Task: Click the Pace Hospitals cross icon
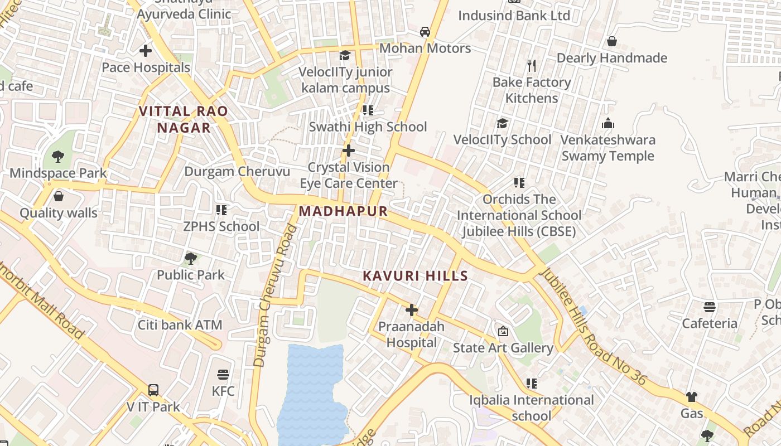[146, 51]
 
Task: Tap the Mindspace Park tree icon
[58, 157]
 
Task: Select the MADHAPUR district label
[343, 211]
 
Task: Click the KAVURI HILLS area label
[415, 276]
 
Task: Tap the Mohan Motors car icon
[425, 32]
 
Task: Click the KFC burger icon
[223, 374]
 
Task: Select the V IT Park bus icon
[153, 390]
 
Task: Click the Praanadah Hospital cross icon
[412, 310]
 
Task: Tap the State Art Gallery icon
[503, 331]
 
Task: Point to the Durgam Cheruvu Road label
[276, 295]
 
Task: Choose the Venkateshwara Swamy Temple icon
[608, 124]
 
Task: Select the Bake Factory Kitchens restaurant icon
[532, 66]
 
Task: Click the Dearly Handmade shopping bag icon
[612, 42]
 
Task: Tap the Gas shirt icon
[692, 397]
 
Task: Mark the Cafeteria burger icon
[710, 307]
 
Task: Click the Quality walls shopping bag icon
[59, 196]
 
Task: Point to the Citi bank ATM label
[180, 325]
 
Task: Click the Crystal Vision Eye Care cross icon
[349, 151]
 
